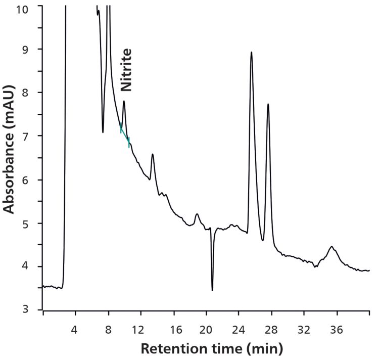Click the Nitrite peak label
tap(126, 70)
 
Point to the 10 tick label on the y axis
tap(32, 9)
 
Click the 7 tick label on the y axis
tap(32, 136)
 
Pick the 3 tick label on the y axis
tap(32, 309)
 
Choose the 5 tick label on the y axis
tap(32, 223)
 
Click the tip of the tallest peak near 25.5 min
tap(251, 52)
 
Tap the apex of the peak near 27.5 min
tap(268, 104)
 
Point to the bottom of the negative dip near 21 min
tap(212, 290)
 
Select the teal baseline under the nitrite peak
tap(125, 135)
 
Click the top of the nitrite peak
tap(124, 101)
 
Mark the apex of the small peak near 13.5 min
tap(153, 154)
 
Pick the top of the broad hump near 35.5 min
tap(331, 247)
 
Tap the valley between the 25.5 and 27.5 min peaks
tap(263, 240)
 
